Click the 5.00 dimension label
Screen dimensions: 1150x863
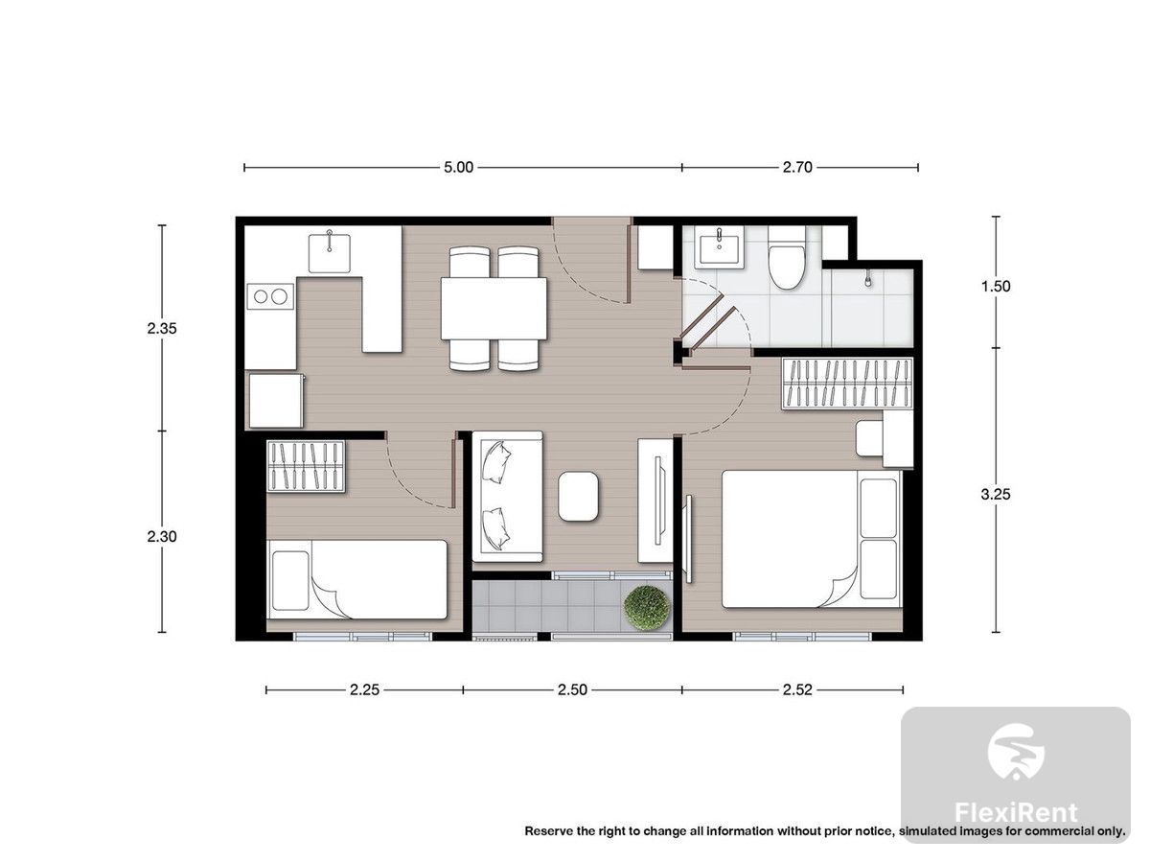tap(458, 167)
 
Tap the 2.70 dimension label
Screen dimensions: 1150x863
tap(797, 167)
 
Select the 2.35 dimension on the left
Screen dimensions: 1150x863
tap(162, 329)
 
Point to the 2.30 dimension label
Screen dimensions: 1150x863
tap(162, 537)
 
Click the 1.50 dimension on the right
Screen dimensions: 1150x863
tap(996, 286)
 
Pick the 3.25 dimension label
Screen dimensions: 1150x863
tap(996, 494)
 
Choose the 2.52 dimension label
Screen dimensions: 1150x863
tap(797, 689)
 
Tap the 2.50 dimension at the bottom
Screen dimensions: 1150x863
tap(572, 689)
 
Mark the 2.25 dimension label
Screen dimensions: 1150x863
tap(365, 689)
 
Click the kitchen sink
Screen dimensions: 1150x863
tap(330, 253)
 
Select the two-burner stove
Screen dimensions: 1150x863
tap(270, 296)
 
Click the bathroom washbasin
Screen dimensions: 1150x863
tap(719, 251)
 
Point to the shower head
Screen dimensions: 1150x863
tap(868, 278)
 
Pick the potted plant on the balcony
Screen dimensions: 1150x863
tap(647, 608)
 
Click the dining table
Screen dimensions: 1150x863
tap(494, 309)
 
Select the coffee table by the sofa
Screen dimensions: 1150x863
tap(578, 496)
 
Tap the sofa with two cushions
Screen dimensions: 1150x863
tap(507, 496)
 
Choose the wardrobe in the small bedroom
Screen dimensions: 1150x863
tap(306, 466)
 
